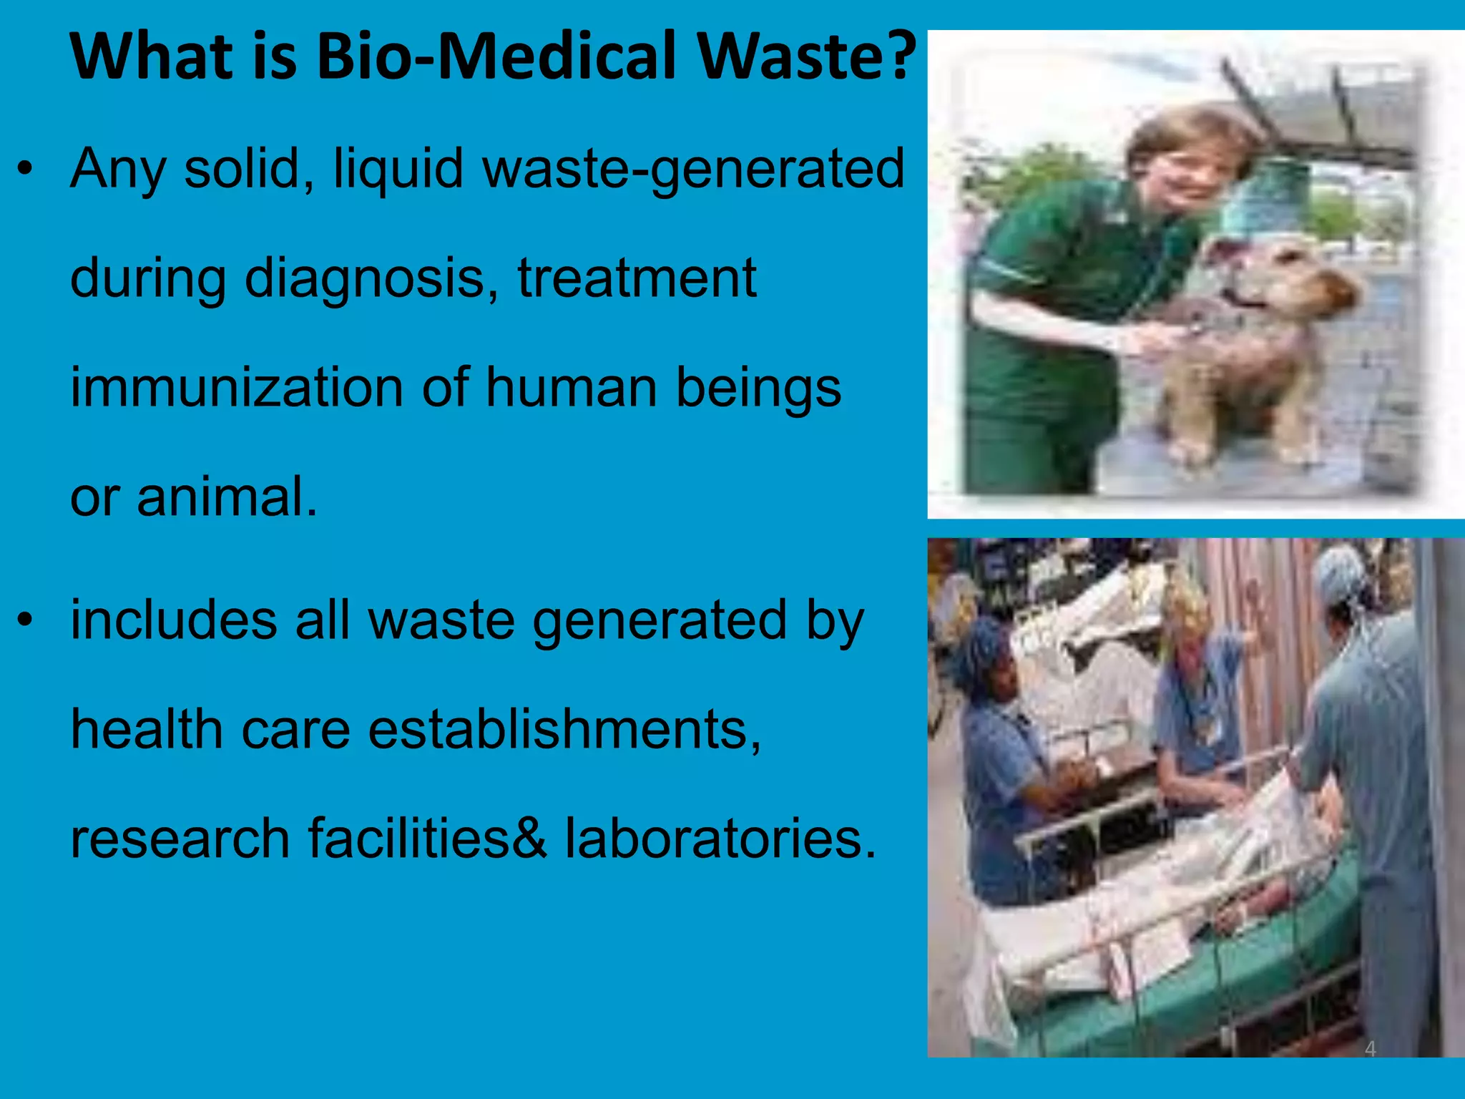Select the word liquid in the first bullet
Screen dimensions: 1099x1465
398,169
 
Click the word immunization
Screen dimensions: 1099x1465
237,388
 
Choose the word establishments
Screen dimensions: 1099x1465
564,730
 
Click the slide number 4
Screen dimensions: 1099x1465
1370,1049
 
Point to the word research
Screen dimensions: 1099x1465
180,839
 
